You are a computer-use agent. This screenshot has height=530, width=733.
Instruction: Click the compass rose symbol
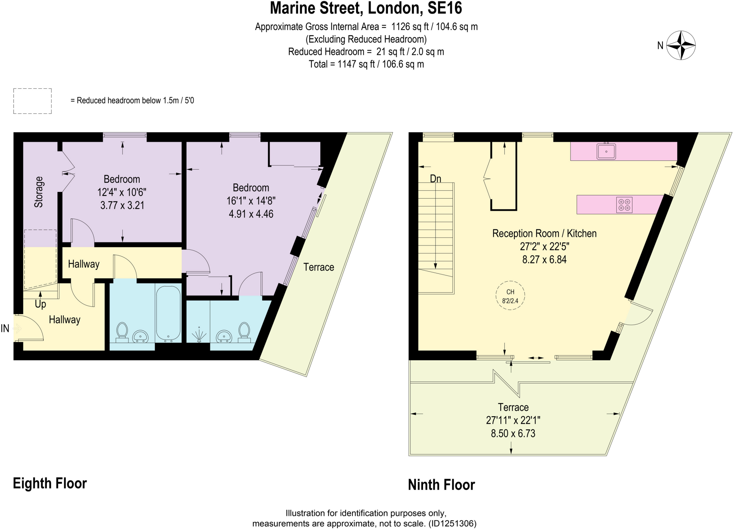(681, 45)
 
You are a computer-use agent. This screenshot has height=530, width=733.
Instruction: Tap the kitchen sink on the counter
(606, 151)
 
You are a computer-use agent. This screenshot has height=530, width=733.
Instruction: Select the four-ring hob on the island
(624, 205)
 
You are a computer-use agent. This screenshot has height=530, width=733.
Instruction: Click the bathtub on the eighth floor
(168, 313)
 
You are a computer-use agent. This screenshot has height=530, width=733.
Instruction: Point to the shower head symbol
(199, 336)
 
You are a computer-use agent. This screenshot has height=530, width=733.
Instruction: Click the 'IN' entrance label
(5, 328)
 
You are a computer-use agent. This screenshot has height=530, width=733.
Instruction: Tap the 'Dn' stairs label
(435, 179)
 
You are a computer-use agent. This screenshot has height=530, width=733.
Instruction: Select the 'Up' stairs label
(40, 304)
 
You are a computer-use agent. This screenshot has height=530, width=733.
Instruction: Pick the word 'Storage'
(39, 192)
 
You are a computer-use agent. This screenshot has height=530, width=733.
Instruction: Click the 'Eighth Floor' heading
(50, 483)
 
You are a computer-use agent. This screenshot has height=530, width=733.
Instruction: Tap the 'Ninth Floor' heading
(441, 485)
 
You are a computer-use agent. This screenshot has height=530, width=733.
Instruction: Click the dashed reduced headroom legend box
(33, 101)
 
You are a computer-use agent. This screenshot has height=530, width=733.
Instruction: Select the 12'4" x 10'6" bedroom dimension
(122, 192)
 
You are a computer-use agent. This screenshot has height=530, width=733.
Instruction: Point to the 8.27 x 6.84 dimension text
(544, 259)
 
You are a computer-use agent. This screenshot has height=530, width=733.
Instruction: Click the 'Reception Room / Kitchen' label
(544, 233)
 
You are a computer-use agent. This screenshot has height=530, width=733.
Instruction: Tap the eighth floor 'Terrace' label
(319, 267)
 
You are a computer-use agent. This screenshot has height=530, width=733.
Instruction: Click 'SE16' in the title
(445, 8)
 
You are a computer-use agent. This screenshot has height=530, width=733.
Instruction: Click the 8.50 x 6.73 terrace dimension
(513, 433)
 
